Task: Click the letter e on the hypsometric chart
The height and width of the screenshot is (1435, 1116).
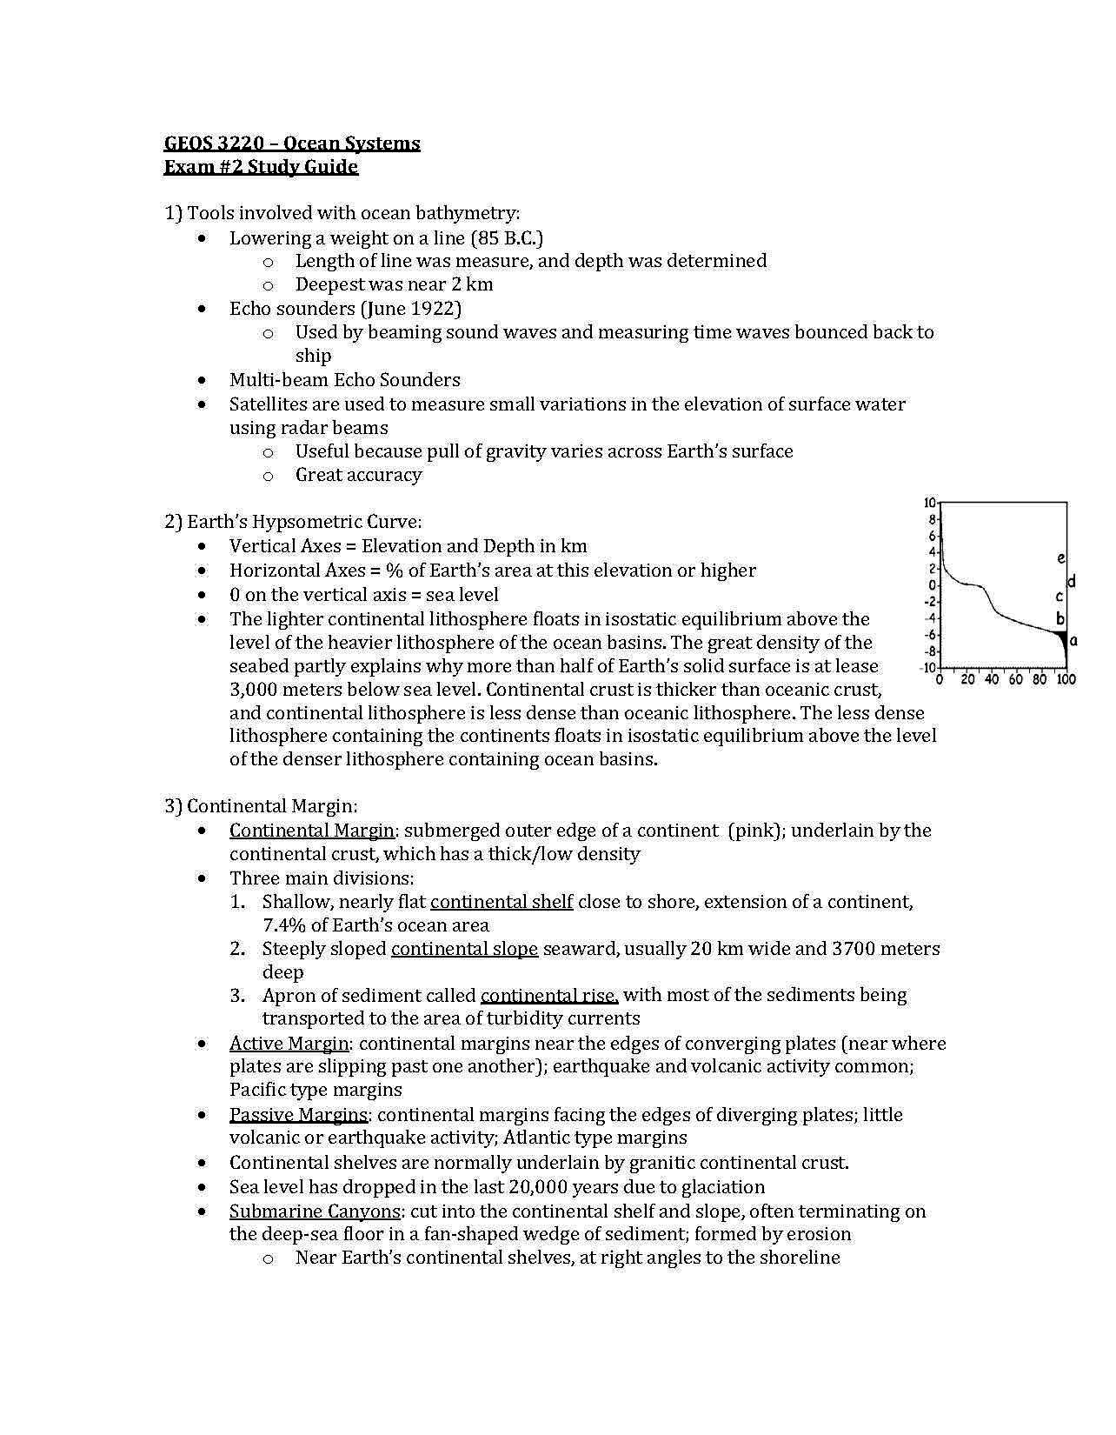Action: pos(1061,557)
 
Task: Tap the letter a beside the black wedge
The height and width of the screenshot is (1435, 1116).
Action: pos(1073,640)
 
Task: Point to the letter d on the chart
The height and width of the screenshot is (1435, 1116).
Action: pos(1072,580)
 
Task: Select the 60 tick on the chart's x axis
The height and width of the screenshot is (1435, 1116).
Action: pos(1016,679)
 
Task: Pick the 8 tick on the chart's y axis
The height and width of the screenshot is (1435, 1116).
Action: pos(931,519)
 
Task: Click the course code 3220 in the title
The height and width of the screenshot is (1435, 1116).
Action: pos(243,143)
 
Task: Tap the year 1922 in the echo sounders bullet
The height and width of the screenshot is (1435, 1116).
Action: pos(433,308)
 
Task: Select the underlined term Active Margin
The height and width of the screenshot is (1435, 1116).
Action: pos(289,1043)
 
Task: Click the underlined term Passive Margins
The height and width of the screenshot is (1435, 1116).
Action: pos(299,1114)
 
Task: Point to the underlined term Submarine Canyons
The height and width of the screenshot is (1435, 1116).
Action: pos(315,1211)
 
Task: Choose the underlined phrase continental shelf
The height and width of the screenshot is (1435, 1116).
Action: pos(502,901)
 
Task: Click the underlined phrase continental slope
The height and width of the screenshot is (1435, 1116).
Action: pos(464,948)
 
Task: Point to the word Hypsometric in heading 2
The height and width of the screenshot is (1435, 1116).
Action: pos(304,522)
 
